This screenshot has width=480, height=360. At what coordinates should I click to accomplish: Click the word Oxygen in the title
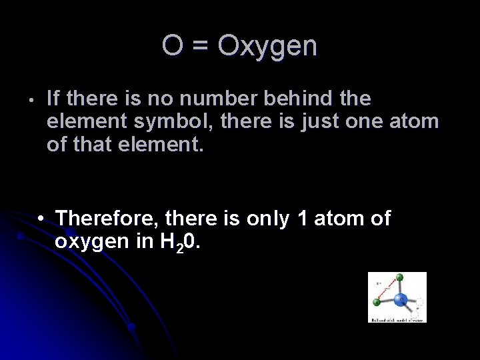click(268, 46)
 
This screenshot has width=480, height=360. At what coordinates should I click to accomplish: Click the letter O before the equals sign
click(173, 46)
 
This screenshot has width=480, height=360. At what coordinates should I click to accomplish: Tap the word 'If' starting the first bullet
click(54, 99)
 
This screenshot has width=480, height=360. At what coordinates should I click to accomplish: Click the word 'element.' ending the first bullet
click(162, 144)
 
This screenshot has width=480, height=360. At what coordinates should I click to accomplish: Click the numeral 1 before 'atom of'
click(302, 218)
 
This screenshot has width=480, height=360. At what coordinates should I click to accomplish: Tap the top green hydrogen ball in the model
click(399, 277)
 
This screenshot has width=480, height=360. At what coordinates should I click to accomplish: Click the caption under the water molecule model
click(397, 319)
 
